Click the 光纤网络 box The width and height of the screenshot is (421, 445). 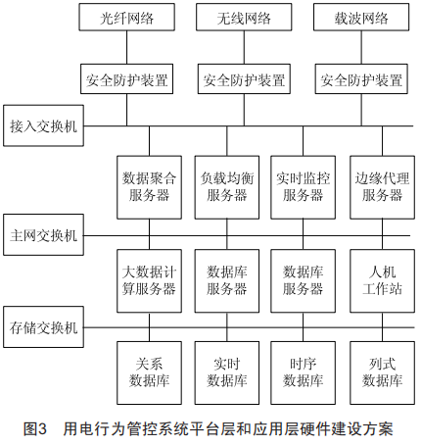126,18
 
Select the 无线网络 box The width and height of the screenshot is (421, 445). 244,18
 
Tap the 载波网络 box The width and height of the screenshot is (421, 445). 361,18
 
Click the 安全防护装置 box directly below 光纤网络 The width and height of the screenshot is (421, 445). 126,79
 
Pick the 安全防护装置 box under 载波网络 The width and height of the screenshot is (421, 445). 361,79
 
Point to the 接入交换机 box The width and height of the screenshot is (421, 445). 43,125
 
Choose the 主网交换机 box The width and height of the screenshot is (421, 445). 43,234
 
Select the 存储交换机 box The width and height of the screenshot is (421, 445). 43,326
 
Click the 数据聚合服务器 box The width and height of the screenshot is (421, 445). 149,187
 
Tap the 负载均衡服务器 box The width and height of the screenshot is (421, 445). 227,187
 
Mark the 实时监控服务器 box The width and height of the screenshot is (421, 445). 303,187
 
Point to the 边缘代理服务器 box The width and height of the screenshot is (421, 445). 382,187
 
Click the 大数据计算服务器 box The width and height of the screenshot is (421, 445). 149,281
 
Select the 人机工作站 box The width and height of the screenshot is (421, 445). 382,281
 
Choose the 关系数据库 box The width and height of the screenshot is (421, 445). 149,373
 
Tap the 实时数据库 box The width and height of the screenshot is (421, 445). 227,373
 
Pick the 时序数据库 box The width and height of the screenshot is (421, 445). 303,373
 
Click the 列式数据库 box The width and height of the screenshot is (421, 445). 382,373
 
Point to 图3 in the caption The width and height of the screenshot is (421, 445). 35,428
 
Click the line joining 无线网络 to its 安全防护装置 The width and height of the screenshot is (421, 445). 244,47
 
